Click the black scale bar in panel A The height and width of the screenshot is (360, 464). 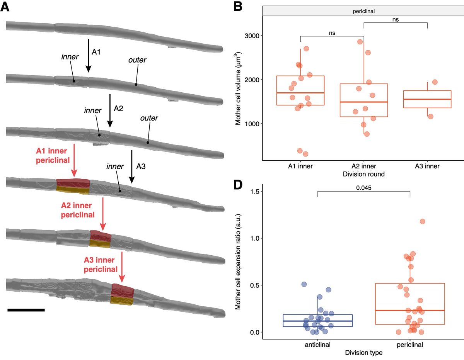(26, 309)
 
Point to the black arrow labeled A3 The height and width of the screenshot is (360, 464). (132, 166)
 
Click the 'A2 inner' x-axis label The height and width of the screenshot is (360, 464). (364, 166)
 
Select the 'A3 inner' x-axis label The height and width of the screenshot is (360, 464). (427, 166)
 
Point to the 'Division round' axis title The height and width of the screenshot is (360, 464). (363, 174)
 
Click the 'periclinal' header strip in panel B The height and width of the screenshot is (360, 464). (363, 12)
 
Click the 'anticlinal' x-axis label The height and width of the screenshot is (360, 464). (318, 344)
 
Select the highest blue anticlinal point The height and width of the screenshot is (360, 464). (304, 285)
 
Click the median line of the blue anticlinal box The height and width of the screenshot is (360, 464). (318, 321)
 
